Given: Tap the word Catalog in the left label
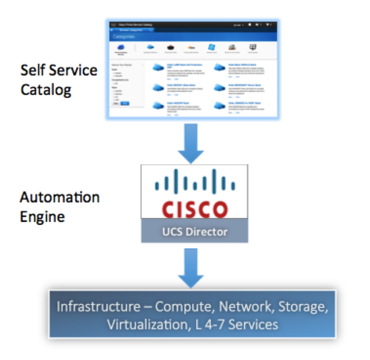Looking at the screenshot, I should click(46, 89).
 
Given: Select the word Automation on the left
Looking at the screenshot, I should click(59, 197).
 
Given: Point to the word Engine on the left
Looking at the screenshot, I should click(42, 217).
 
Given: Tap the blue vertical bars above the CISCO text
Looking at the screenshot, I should click(194, 182).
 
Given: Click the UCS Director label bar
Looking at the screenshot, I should click(194, 232).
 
